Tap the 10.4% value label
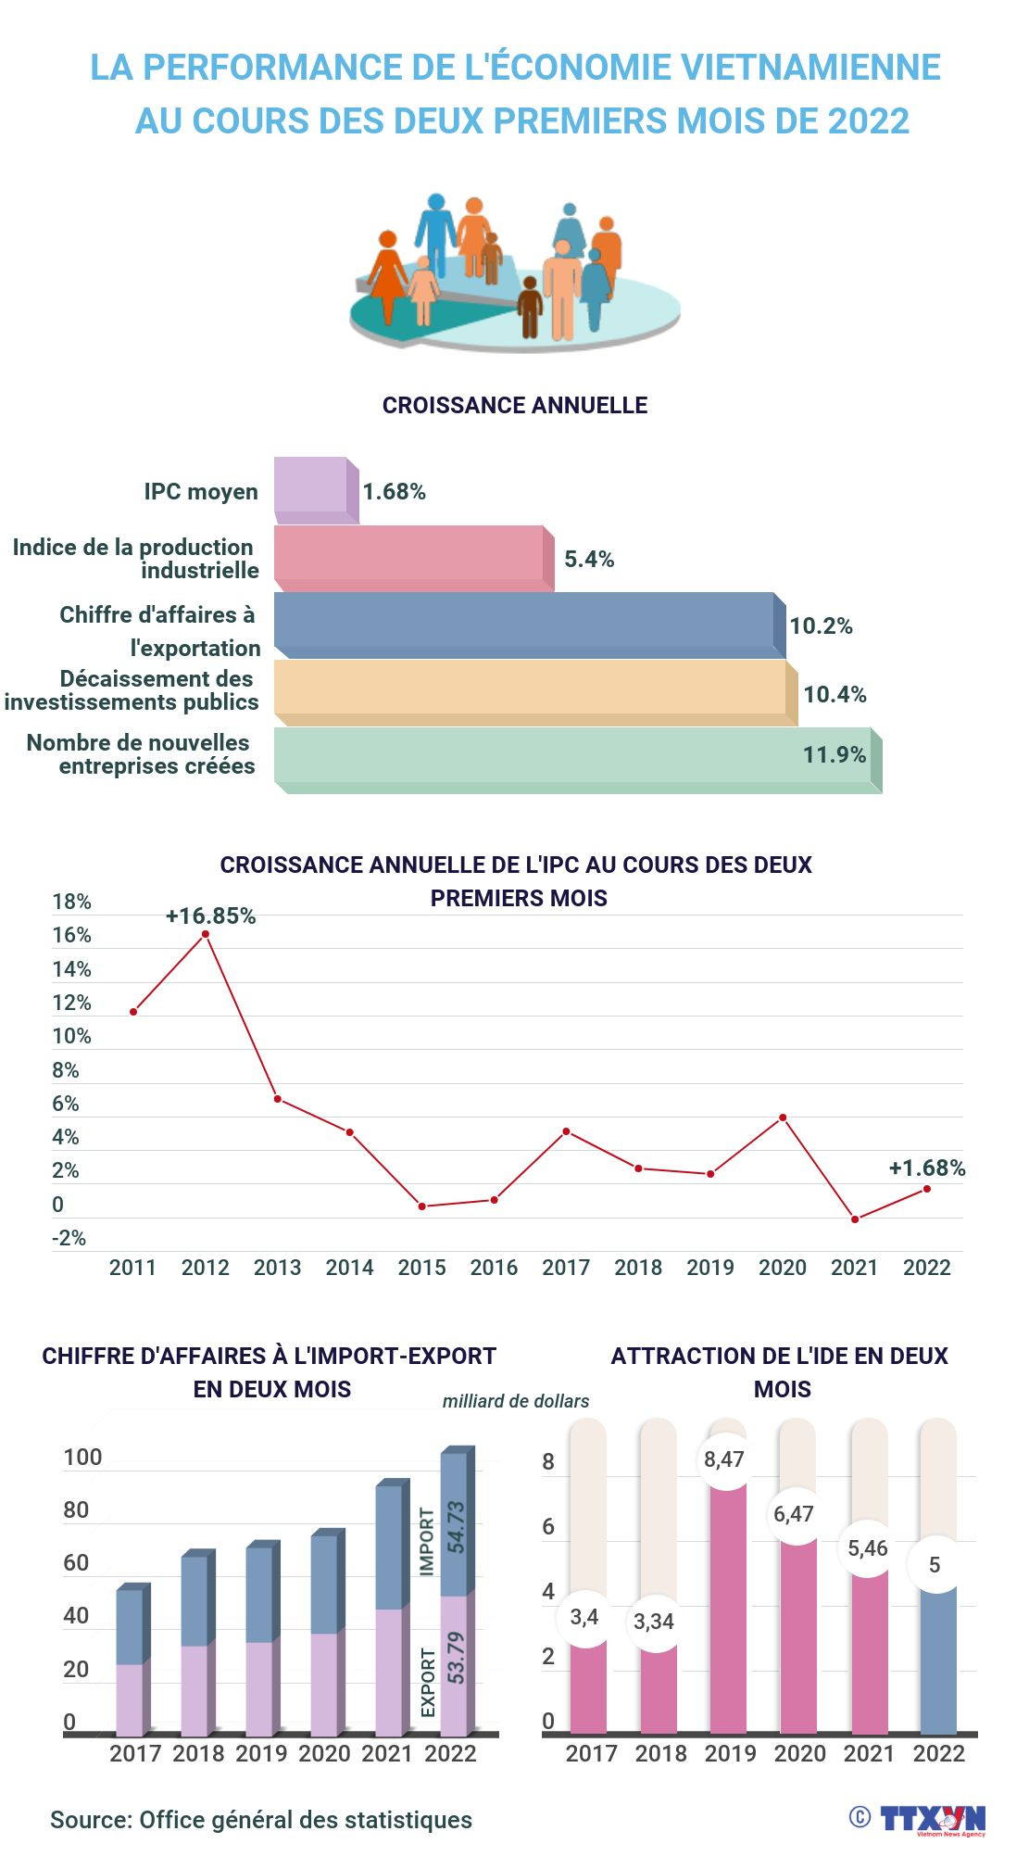pyautogui.click(x=834, y=694)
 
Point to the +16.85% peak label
pyautogui.click(x=210, y=916)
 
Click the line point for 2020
pyautogui.click(x=783, y=1118)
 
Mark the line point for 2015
pyautogui.click(x=422, y=1206)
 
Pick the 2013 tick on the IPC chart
pyautogui.click(x=277, y=1267)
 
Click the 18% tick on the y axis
pyautogui.click(x=71, y=902)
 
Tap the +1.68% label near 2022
pyautogui.click(x=926, y=1168)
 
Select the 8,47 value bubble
pyautogui.click(x=724, y=1459)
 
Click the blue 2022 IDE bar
pyautogui.click(x=937, y=1659)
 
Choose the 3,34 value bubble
pyautogui.click(x=654, y=1622)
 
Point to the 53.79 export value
pyautogui.click(x=456, y=1657)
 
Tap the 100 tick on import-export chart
pyautogui.click(x=82, y=1458)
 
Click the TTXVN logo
pyautogui.click(x=931, y=1818)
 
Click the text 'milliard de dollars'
pyautogui.click(x=516, y=1401)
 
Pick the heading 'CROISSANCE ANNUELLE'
pyautogui.click(x=515, y=405)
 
